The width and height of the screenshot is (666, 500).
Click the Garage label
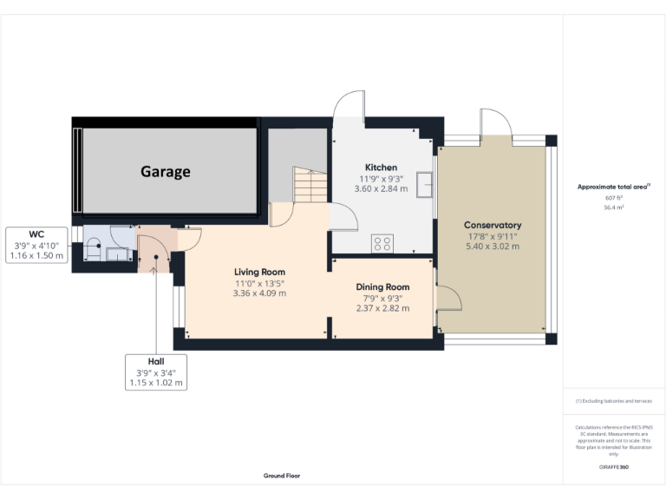pyautogui.click(x=166, y=172)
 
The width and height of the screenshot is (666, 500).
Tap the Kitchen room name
pyautogui.click(x=381, y=168)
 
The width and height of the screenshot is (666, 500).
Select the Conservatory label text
pyautogui.click(x=493, y=225)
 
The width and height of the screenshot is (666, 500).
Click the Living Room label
pyautogui.click(x=259, y=272)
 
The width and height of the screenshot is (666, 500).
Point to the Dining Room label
pyautogui.click(x=382, y=286)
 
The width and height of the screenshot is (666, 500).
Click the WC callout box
pyautogui.click(x=36, y=246)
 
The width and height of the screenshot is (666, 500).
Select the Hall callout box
pyautogui.click(x=155, y=372)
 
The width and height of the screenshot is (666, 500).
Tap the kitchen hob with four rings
pyautogui.click(x=382, y=244)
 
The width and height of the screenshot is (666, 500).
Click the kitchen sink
pyautogui.click(x=425, y=185)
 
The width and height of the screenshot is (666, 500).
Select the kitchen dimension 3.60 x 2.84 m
pyautogui.click(x=381, y=189)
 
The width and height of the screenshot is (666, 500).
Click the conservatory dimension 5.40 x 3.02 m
pyautogui.click(x=493, y=247)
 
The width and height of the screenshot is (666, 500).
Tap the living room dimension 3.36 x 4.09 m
pyautogui.click(x=259, y=293)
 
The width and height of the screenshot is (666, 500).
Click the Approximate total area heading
pyautogui.click(x=614, y=187)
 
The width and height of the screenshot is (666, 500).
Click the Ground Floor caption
pyautogui.click(x=282, y=476)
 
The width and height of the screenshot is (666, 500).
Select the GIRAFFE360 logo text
pyautogui.click(x=614, y=467)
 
